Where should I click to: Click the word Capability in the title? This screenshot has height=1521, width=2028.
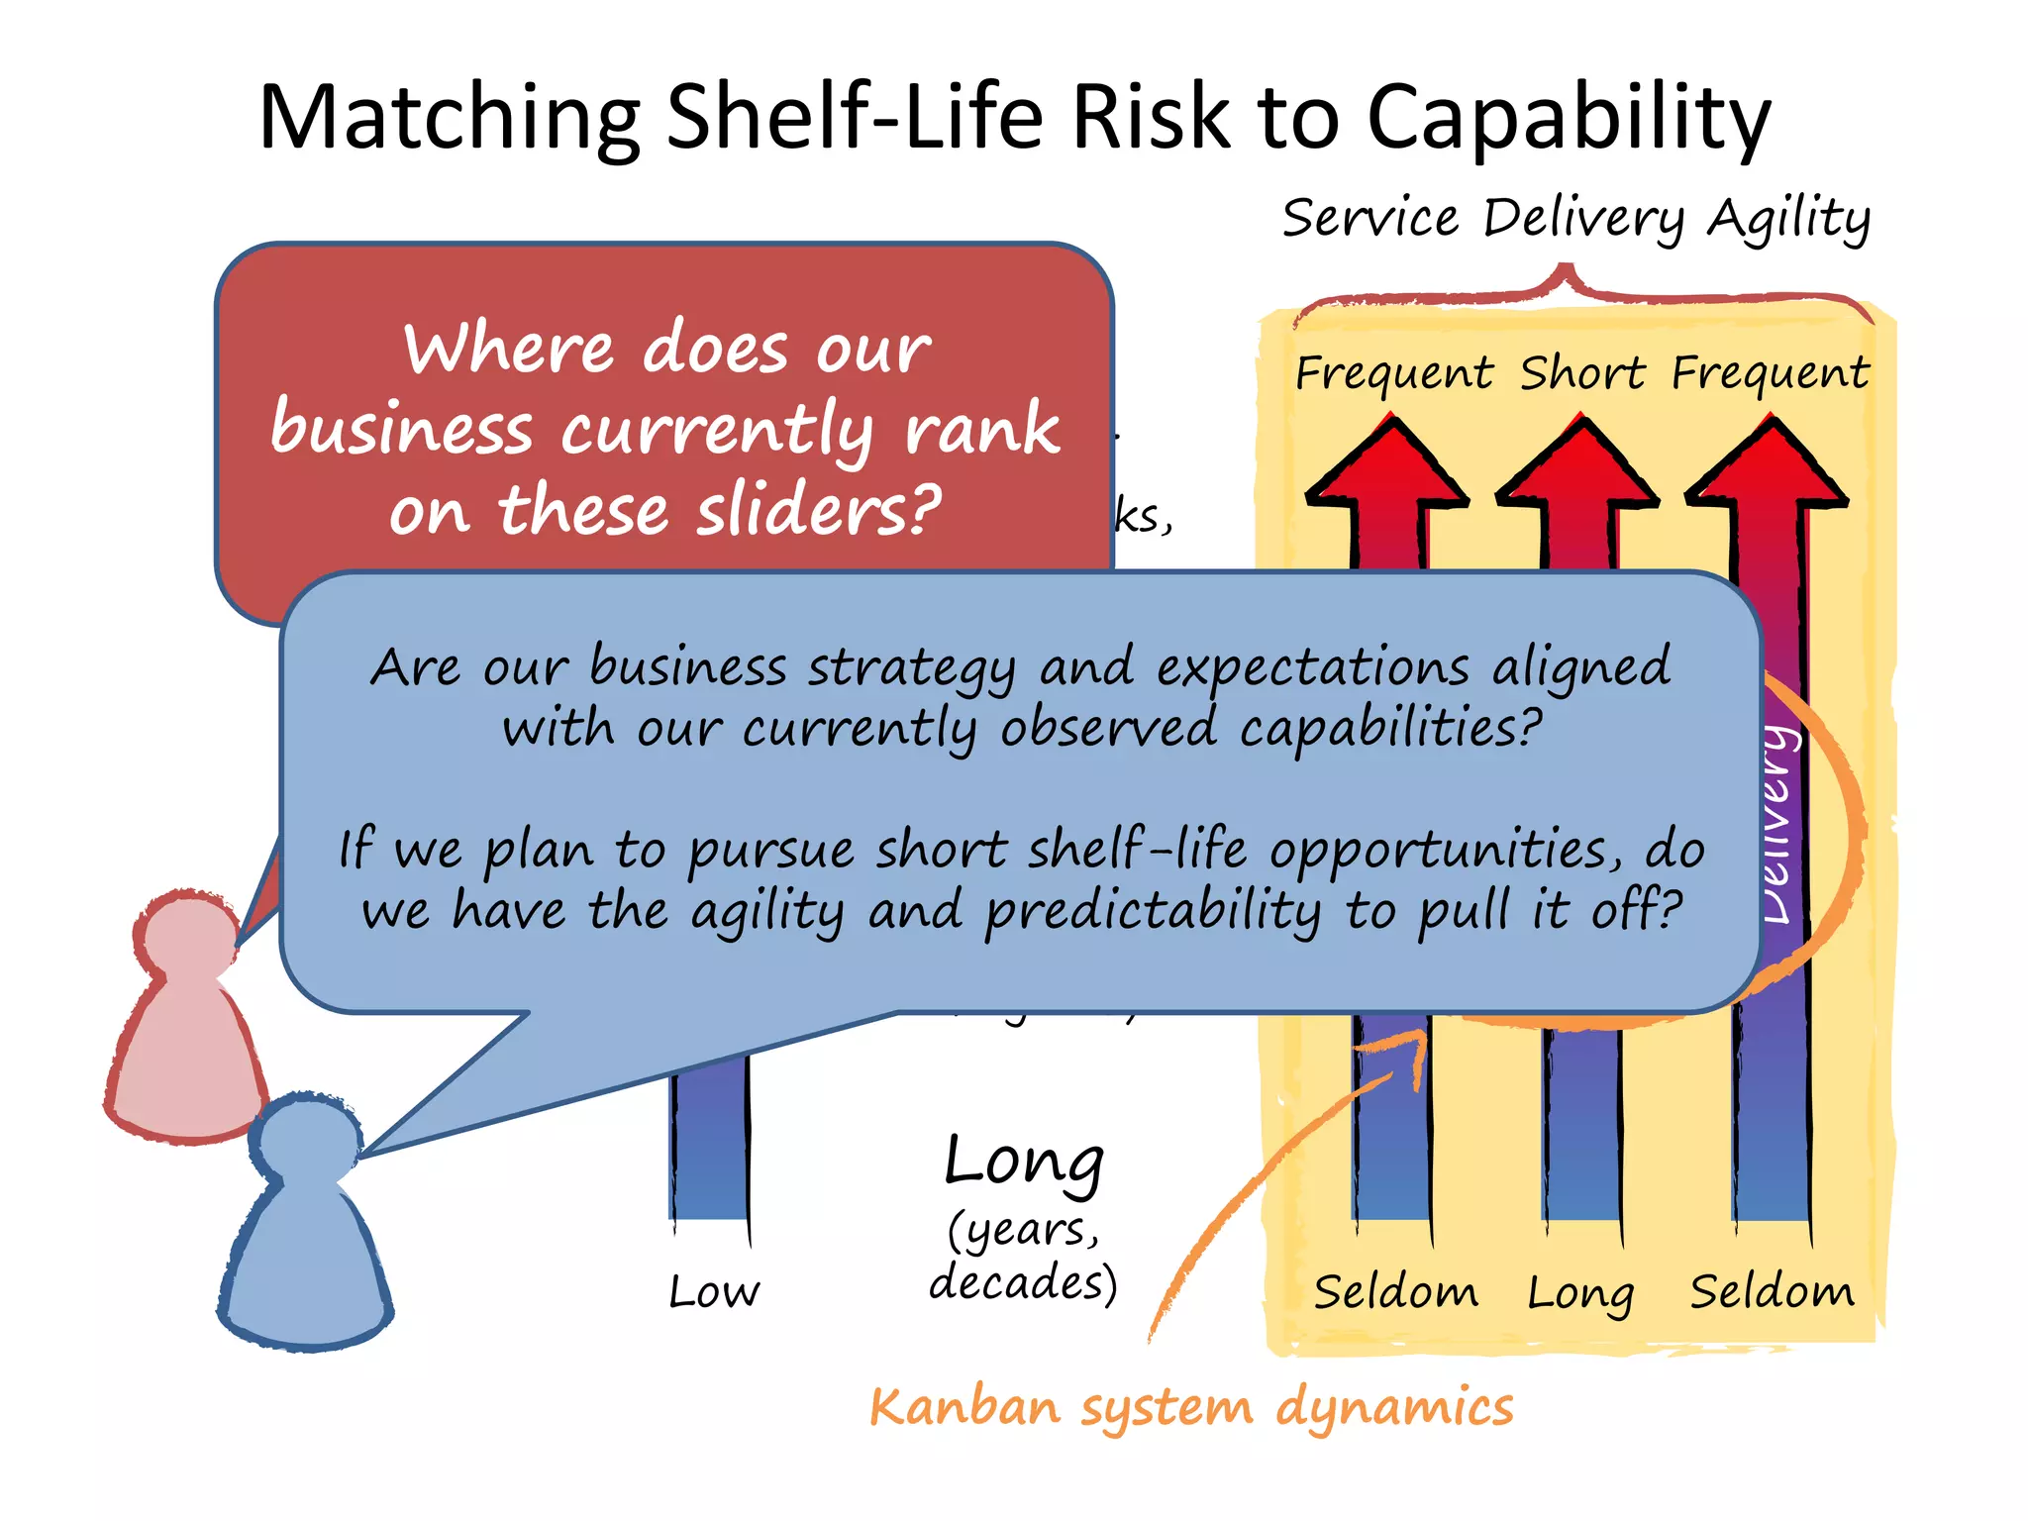1569,119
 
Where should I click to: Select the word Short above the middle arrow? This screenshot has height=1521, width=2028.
1581,374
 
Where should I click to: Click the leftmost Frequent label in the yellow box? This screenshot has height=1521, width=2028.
1394,374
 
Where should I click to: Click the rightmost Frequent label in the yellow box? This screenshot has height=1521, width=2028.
1771,374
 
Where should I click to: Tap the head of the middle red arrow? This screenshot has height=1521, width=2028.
1578,465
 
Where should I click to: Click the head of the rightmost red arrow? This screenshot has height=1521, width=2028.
1768,465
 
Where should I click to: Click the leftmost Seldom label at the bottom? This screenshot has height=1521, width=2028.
1396,1292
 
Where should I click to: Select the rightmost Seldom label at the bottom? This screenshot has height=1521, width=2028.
1772,1292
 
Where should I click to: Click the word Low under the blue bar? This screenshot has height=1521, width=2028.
714,1292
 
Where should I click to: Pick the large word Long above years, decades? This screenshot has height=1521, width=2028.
1024,1163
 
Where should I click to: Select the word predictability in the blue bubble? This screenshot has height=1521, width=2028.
1153,911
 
